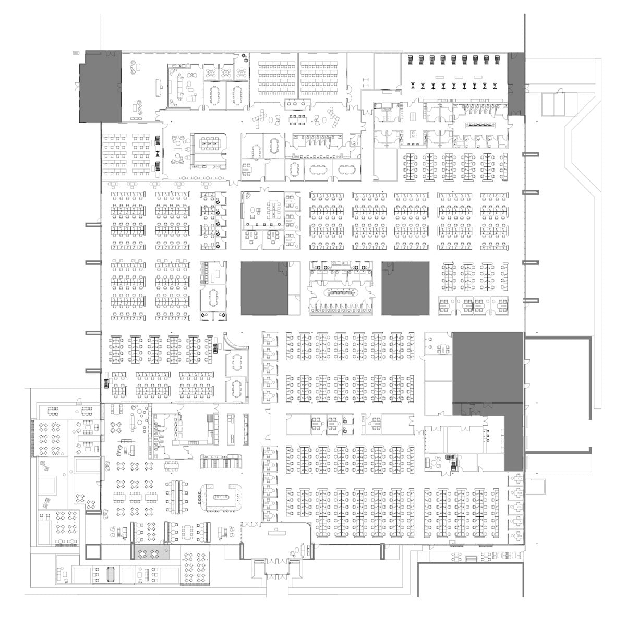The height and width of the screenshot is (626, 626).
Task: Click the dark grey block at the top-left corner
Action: (x=100, y=87)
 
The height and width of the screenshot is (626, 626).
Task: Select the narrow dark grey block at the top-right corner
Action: (x=516, y=83)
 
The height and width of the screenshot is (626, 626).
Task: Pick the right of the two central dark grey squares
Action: (x=405, y=288)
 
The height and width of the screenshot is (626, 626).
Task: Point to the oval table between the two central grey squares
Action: (x=341, y=292)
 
